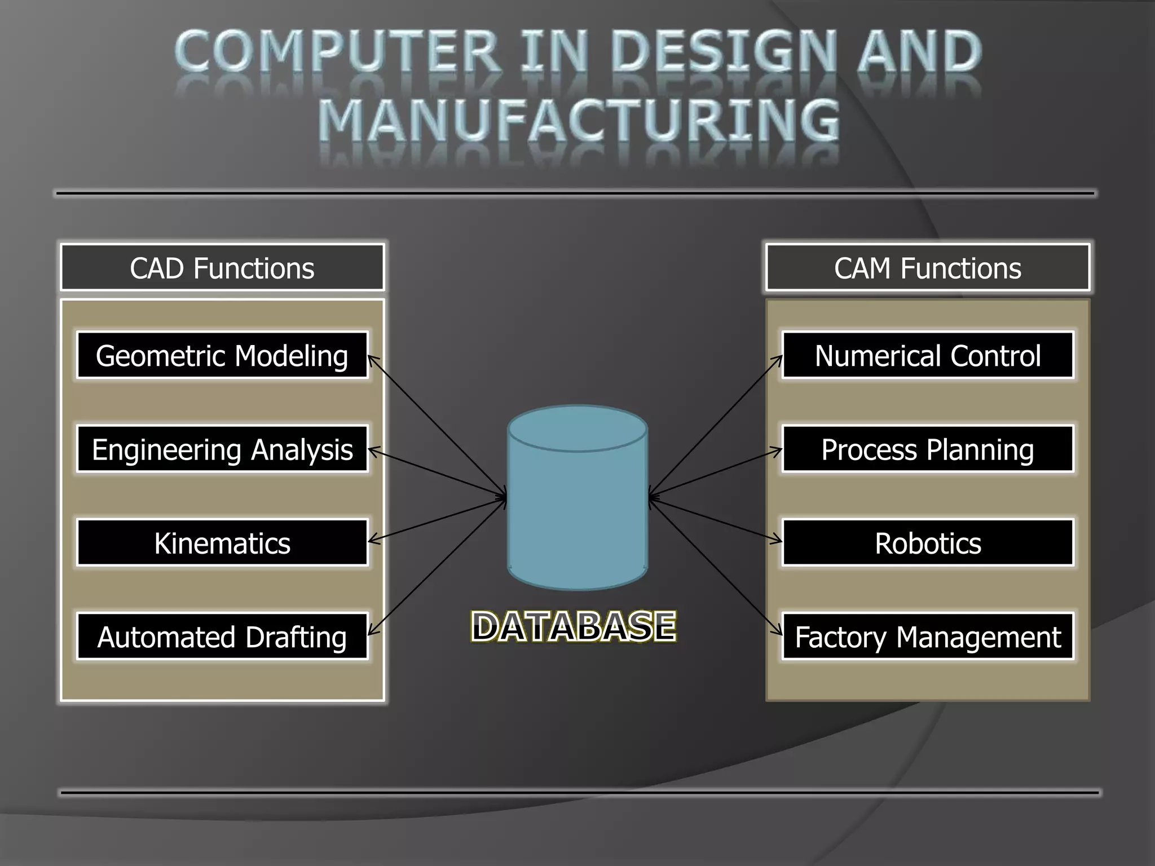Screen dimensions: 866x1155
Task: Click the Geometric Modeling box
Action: click(x=222, y=355)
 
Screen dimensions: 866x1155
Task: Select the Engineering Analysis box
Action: click(x=222, y=449)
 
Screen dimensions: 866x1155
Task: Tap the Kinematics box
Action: click(x=222, y=542)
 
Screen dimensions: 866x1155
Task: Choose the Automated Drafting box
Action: click(x=222, y=636)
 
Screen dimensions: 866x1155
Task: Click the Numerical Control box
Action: click(x=927, y=355)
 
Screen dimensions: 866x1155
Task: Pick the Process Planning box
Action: click(x=927, y=449)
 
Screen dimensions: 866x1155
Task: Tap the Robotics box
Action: click(x=927, y=542)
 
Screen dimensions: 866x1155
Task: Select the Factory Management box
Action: click(x=927, y=636)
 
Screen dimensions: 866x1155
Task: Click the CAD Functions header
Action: click(x=222, y=267)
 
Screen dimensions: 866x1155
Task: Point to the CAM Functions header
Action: click(x=927, y=267)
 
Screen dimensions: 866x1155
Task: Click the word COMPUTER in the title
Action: click(x=336, y=52)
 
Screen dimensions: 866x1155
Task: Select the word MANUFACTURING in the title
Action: click(x=579, y=120)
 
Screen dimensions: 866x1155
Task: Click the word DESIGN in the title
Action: click(x=724, y=52)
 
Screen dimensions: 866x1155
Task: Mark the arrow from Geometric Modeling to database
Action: click(x=437, y=426)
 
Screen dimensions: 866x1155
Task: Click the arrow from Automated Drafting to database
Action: click(x=437, y=566)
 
